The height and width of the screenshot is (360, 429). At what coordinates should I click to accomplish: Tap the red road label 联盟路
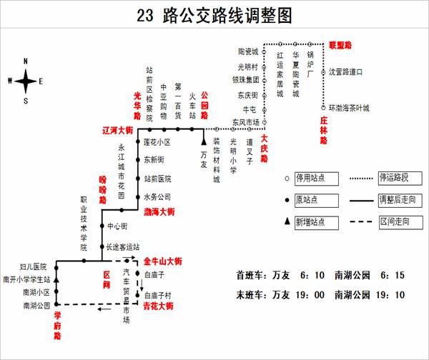(x=340, y=45)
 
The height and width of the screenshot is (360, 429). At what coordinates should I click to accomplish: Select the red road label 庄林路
(x=323, y=131)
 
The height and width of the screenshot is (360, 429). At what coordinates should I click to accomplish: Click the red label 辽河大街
(x=117, y=131)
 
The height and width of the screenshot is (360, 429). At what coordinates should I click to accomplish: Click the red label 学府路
(x=57, y=325)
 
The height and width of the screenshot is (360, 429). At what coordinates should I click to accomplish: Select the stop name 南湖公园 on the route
(x=36, y=306)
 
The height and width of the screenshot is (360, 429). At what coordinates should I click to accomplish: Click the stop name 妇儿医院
(x=34, y=266)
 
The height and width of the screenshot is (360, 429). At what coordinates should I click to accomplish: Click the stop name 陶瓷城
(x=247, y=51)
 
